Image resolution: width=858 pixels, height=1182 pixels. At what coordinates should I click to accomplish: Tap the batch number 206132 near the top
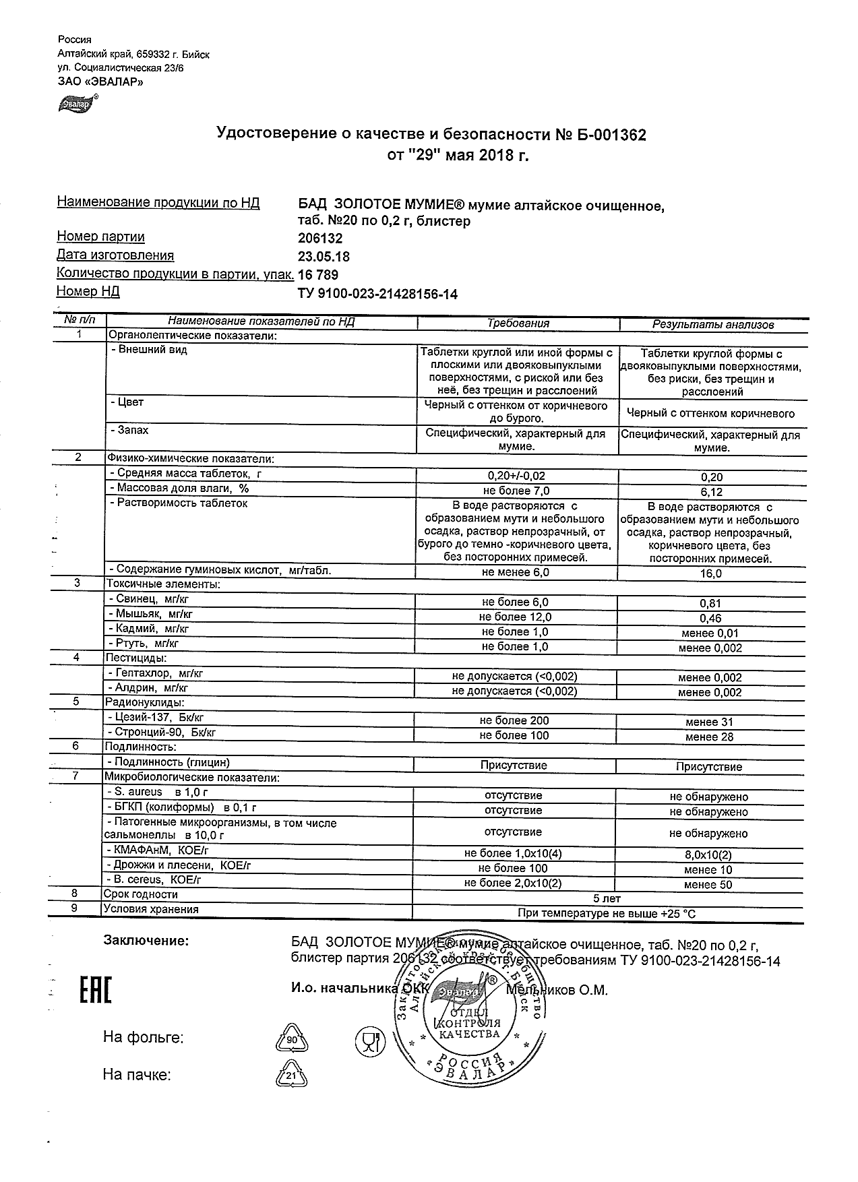pos(319,239)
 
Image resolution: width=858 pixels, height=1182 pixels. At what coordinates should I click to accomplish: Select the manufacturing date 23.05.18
pos(324,257)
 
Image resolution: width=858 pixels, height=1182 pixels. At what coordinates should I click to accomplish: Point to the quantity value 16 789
pos(317,275)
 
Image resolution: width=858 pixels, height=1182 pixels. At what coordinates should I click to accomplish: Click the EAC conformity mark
pos(95,991)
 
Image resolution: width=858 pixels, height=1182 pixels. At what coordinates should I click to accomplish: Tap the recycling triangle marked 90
pos(292,1039)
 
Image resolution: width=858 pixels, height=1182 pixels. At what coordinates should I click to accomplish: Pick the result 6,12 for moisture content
pos(711,493)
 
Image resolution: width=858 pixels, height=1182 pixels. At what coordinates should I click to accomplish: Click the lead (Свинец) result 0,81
pos(711,604)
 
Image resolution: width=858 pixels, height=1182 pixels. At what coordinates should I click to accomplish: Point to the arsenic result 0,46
pos(711,619)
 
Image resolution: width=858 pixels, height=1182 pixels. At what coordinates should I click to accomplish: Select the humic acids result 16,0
pos(711,574)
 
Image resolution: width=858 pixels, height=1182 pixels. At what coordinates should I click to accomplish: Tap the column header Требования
pos(518,323)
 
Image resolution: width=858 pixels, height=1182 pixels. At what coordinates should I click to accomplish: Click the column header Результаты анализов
pos(712,325)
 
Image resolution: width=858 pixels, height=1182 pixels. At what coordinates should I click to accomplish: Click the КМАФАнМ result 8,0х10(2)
pos(708,854)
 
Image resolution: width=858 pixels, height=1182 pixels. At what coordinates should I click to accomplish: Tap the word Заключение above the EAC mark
pos(146,940)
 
